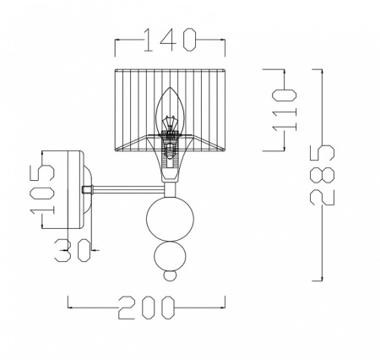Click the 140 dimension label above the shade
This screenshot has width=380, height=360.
point(170,40)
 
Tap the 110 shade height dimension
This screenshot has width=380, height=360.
point(285,110)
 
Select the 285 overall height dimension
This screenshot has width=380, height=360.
point(322,175)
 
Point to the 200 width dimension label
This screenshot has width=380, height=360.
point(146,308)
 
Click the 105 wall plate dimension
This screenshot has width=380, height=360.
point(42,189)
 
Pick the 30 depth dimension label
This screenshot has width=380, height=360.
point(73,250)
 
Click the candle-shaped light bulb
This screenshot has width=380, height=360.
point(170,112)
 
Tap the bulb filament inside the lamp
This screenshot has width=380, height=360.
point(170,123)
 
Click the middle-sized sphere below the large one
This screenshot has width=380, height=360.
point(170,256)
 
